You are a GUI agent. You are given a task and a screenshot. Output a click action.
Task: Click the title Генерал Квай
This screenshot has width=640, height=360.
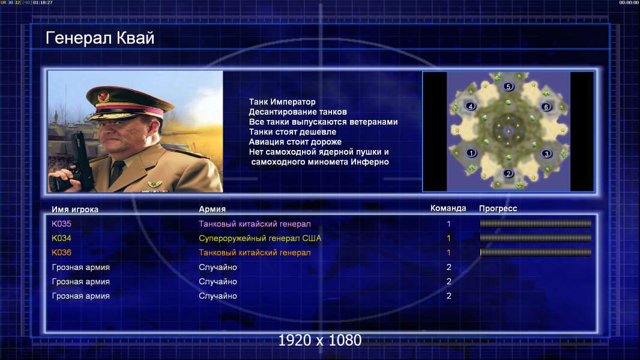100,38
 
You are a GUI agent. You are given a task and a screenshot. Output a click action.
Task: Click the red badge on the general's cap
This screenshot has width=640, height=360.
103,97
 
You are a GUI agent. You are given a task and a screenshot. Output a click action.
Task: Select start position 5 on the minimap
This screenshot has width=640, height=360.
508,86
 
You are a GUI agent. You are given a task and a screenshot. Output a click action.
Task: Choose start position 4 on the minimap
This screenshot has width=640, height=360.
470,106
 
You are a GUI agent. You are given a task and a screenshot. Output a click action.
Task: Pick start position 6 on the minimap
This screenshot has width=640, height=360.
546,107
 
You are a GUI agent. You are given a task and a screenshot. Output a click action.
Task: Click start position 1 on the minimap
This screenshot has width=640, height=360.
471,153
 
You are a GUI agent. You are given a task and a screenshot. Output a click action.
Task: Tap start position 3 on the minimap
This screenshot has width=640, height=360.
546,154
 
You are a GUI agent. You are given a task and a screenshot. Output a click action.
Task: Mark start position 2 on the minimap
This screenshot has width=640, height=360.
508,173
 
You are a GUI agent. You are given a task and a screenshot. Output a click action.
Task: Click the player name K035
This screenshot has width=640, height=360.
61,224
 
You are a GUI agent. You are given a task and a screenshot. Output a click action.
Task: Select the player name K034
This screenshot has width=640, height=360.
61,238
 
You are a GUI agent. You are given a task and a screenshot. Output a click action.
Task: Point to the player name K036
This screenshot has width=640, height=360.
61,253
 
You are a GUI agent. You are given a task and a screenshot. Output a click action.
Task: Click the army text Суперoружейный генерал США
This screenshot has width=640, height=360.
260,238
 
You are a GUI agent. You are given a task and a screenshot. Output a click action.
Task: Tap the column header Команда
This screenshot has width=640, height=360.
448,208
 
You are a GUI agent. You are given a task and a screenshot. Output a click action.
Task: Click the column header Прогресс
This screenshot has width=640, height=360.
498,209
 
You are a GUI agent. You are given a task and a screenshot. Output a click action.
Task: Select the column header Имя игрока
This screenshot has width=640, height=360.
74,209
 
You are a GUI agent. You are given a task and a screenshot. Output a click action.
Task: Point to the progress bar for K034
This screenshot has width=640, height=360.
536,238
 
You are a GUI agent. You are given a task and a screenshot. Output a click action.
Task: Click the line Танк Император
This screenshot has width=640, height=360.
282,102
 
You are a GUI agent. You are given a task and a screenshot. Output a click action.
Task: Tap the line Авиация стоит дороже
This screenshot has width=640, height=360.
295,142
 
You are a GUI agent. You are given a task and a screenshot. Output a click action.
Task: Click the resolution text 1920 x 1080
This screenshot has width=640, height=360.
319,340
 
